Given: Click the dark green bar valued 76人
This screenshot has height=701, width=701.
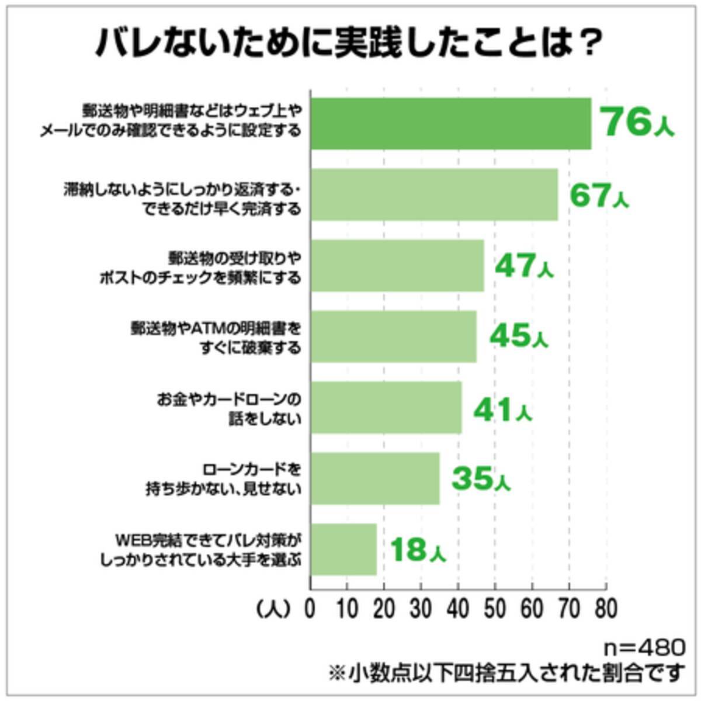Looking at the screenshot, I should [x=450, y=123].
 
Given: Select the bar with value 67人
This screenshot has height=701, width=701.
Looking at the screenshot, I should [x=434, y=195].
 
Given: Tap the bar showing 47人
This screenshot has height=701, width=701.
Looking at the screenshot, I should [x=397, y=265].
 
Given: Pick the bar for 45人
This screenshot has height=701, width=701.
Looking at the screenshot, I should [x=393, y=336].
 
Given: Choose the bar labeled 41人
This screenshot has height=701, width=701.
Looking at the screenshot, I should [x=386, y=407].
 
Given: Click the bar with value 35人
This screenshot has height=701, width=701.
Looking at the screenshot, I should [x=375, y=478].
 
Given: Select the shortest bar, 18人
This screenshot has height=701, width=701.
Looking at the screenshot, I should [x=343, y=549].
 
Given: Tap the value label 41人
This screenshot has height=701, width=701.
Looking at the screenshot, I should [x=502, y=409].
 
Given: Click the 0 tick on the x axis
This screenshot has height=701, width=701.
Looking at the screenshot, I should [x=310, y=609].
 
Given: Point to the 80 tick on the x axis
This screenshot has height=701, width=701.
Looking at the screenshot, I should [x=606, y=609].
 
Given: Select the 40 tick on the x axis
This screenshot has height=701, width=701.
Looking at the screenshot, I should [x=458, y=609].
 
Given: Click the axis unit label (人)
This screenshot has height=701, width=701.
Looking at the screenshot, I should [x=273, y=609].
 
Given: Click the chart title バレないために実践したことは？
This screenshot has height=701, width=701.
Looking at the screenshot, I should [x=349, y=44].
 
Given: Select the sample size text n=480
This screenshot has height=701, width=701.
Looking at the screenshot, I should [x=644, y=647].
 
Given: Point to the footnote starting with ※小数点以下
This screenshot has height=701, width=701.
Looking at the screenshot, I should [x=505, y=673].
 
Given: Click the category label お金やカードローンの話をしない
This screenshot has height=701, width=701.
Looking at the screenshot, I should [x=229, y=408].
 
